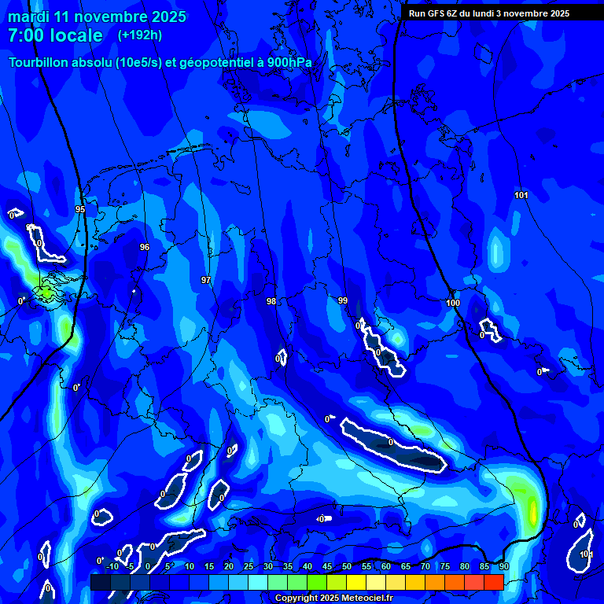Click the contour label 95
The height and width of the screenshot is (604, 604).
pyautogui.click(x=80, y=209)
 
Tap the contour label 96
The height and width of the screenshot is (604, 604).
pyautogui.click(x=145, y=247)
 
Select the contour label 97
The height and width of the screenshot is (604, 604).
pyautogui.click(x=206, y=280)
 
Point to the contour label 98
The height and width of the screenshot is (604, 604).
pyautogui.click(x=271, y=301)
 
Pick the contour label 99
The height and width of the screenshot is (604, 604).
pyautogui.click(x=343, y=300)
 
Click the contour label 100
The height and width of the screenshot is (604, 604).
pyautogui.click(x=453, y=303)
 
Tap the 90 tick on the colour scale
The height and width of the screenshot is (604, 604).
pyautogui.click(x=504, y=566)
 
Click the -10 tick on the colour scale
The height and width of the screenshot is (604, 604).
pyautogui.click(x=112, y=566)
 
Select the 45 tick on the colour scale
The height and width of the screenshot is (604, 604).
pyautogui.click(x=327, y=566)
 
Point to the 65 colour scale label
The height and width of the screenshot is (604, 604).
pyautogui.click(x=406, y=566)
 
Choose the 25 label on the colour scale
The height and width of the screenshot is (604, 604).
pyautogui.click(x=249, y=566)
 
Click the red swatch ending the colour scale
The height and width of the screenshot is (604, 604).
pyautogui.click(x=494, y=582)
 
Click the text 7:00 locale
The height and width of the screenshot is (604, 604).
pyautogui.click(x=55, y=35)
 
